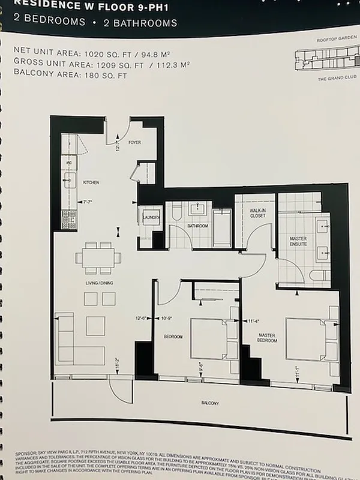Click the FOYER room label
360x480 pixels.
[x=135, y=143]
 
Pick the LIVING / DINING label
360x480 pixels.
[x=99, y=283]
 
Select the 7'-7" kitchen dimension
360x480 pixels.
[x=89, y=202]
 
